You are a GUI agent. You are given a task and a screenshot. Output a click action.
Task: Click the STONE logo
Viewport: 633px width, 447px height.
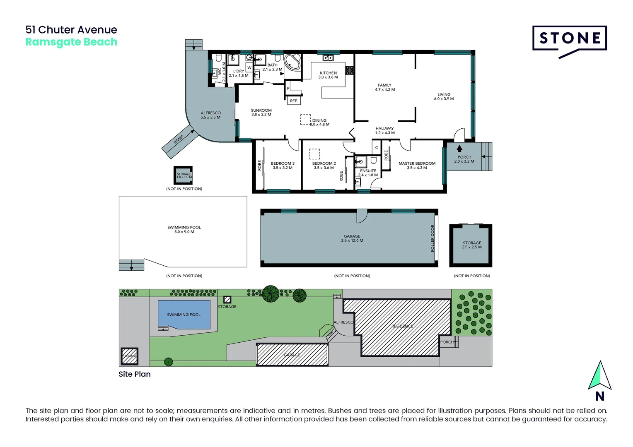(x=570, y=39)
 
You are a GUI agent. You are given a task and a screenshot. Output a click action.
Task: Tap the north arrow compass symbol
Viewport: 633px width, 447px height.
(x=599, y=376)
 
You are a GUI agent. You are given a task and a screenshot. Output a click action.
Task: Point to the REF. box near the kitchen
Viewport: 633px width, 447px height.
(x=294, y=101)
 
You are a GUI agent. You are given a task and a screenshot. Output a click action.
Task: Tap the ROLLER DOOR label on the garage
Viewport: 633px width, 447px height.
(x=432, y=238)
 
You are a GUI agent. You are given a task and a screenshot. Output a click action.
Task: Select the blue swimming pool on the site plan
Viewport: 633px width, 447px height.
(x=184, y=315)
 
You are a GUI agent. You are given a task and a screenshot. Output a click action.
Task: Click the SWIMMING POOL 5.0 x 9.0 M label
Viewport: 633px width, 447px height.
(x=184, y=230)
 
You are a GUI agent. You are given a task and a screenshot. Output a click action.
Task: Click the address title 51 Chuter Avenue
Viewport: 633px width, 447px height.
(x=71, y=30)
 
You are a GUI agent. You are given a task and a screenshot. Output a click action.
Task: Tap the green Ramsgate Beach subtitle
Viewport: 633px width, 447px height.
(x=71, y=42)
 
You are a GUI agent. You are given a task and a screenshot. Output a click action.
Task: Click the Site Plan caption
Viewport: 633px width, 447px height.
(x=135, y=374)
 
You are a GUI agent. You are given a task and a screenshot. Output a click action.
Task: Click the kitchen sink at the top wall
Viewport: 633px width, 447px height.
(x=328, y=58)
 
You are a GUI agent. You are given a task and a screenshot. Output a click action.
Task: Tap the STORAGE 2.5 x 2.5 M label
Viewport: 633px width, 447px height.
(x=472, y=245)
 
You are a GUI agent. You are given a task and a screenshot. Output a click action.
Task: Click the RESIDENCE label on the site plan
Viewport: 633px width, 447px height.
(x=402, y=326)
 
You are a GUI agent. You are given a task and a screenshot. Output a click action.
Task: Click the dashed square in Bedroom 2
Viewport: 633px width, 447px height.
(x=314, y=154)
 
